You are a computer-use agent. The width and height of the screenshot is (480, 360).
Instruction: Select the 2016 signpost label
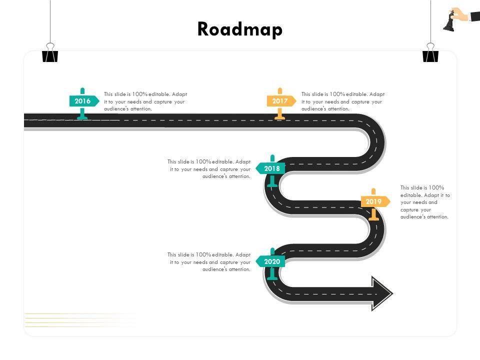click(83, 101)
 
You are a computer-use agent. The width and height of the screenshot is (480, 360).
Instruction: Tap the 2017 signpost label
click(280, 101)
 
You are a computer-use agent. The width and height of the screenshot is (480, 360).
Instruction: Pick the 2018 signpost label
click(272, 168)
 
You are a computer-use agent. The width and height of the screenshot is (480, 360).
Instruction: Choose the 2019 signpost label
click(373, 201)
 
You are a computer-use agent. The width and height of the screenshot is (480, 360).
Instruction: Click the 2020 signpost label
click(272, 261)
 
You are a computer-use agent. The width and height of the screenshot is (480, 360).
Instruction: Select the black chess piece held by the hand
click(449, 22)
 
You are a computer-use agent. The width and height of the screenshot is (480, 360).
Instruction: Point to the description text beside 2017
click(343, 101)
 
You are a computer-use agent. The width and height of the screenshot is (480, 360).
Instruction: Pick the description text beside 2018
click(209, 169)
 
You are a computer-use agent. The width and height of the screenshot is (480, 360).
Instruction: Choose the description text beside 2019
click(425, 202)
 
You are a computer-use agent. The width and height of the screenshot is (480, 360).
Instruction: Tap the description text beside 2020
click(209, 262)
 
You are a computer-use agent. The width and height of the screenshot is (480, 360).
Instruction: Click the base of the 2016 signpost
click(83, 117)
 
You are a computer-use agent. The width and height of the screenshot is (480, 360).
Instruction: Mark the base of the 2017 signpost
click(280, 117)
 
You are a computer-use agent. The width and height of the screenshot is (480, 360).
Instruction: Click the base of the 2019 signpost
click(373, 217)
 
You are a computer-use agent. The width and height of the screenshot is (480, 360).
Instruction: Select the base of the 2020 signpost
click(272, 277)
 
